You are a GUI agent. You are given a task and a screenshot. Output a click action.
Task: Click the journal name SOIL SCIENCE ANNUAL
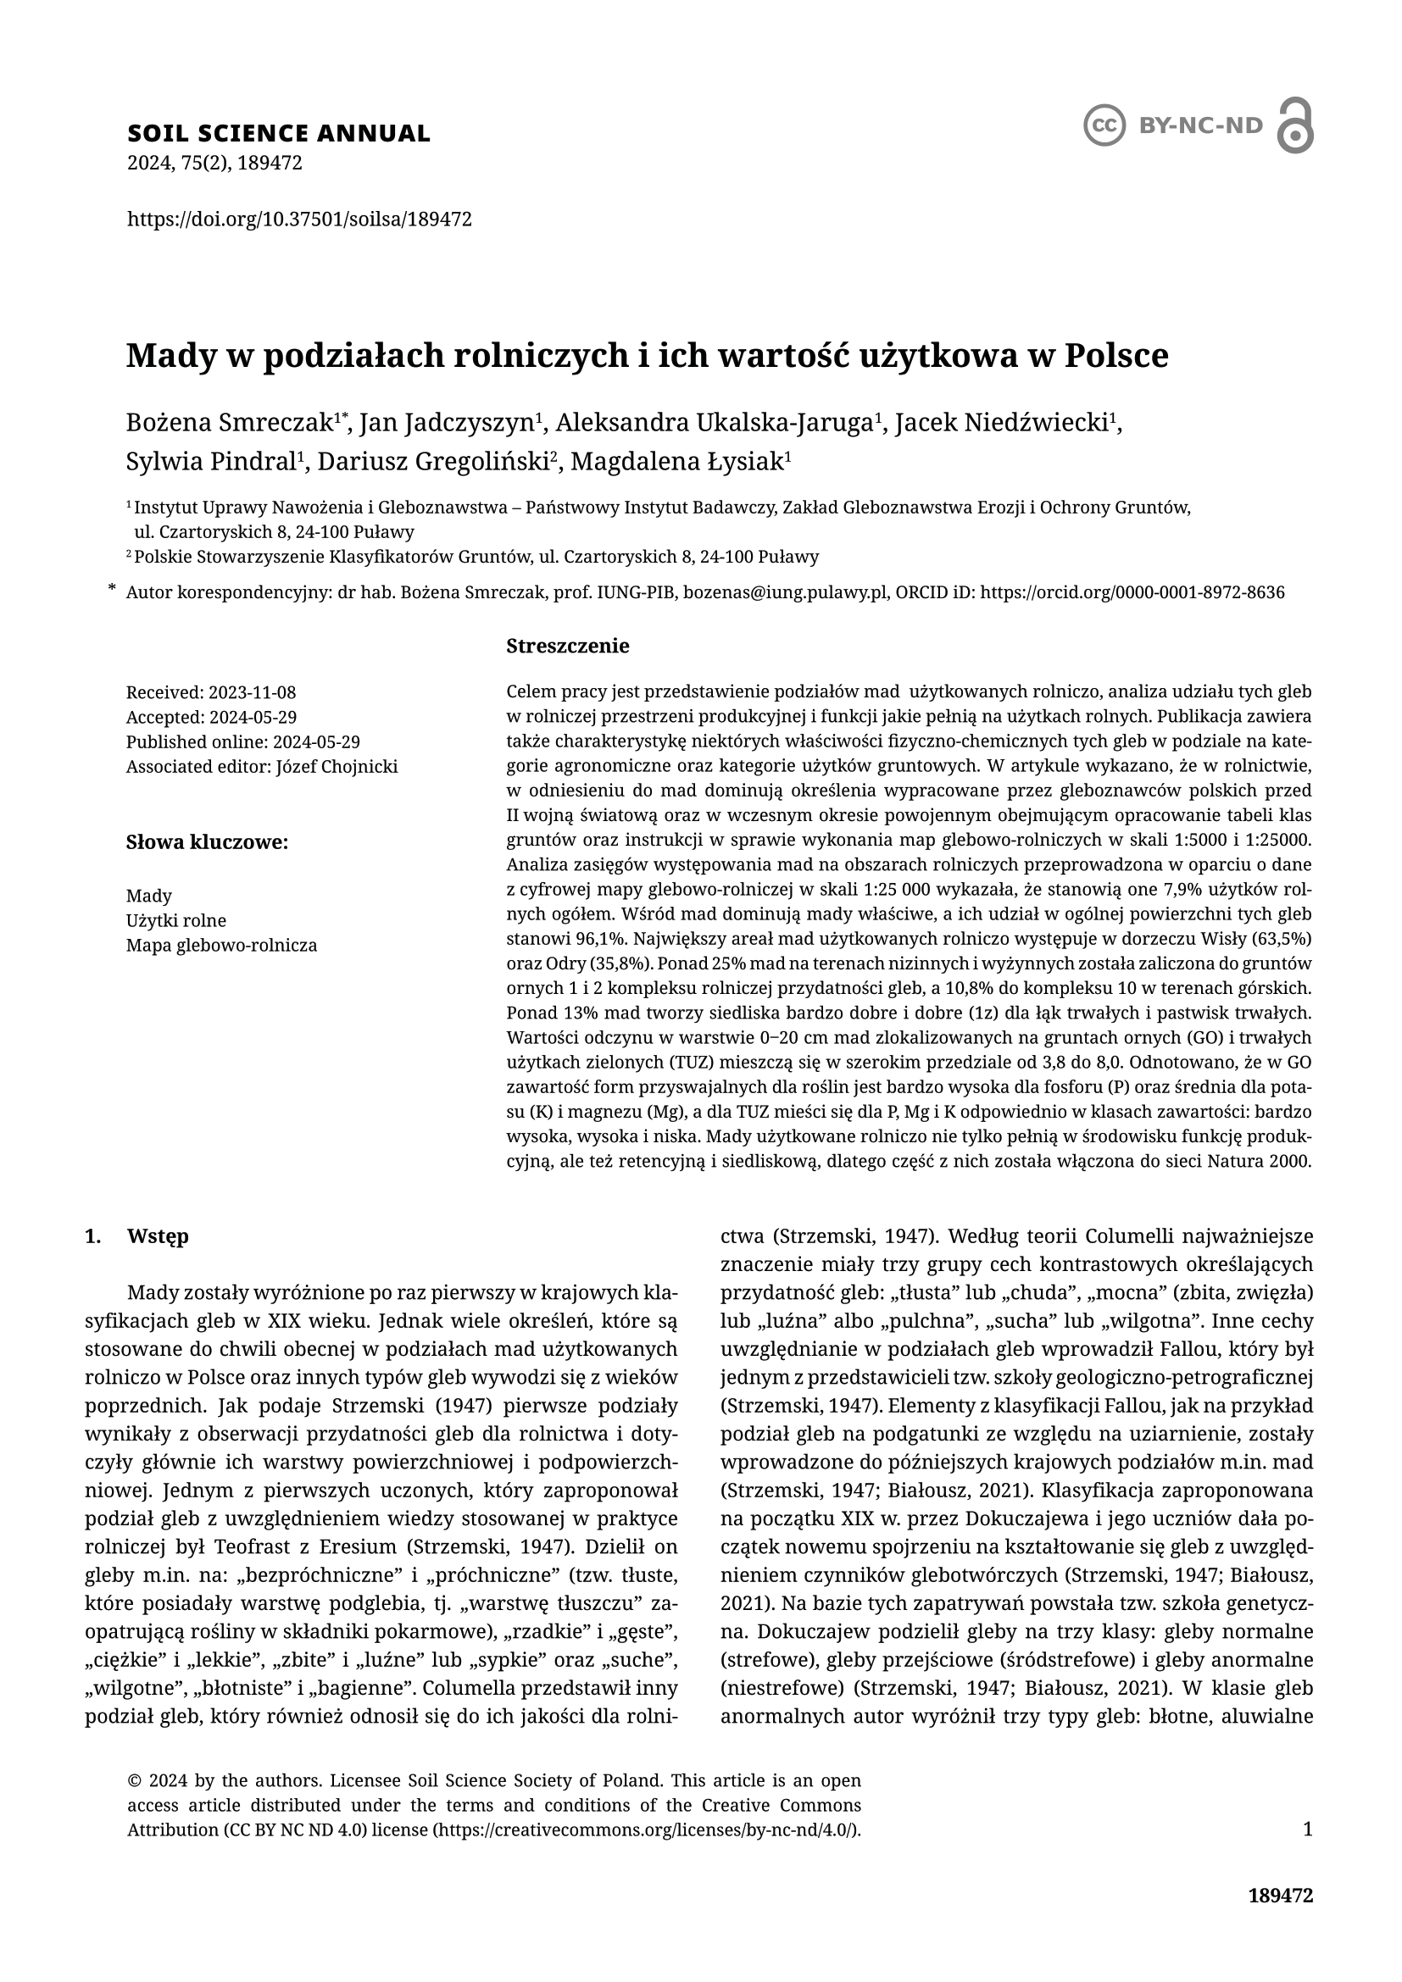[x=278, y=134]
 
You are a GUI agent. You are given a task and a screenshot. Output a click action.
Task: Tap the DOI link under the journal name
[x=299, y=219]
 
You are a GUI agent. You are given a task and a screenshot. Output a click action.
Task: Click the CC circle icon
[x=1105, y=126]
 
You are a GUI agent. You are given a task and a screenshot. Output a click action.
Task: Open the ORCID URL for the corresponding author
[x=1132, y=593]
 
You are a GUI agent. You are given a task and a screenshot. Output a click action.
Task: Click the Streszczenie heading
[x=567, y=646]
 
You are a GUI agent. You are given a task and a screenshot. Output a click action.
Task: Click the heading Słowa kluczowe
[x=207, y=842]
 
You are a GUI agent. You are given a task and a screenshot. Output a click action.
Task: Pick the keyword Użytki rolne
[x=176, y=920]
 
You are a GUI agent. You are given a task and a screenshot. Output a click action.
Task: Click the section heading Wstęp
[x=157, y=1236]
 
